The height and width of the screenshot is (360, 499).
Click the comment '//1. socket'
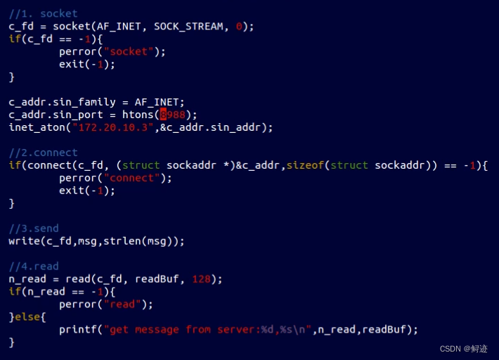click(43, 13)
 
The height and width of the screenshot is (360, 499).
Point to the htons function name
click(141, 115)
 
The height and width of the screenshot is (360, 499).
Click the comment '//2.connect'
click(43, 153)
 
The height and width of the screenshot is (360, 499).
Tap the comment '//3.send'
click(34, 229)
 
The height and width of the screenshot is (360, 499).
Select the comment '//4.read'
click(34, 266)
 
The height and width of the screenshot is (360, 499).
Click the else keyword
click(27, 317)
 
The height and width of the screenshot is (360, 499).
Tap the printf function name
click(77, 330)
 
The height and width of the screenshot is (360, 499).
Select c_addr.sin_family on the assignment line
click(62, 102)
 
